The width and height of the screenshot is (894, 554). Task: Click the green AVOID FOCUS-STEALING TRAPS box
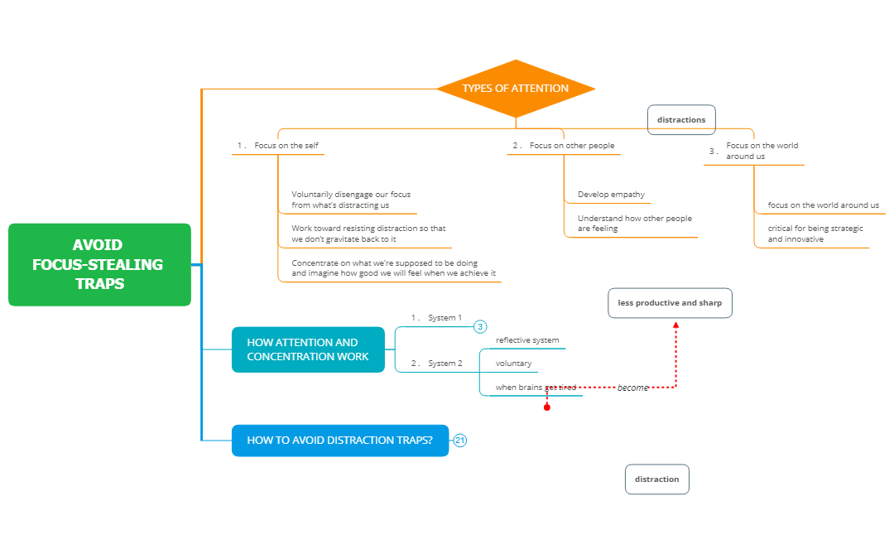(99, 264)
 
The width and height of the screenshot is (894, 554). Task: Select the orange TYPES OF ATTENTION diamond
(516, 89)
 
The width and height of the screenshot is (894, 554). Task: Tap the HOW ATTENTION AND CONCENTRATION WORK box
(308, 349)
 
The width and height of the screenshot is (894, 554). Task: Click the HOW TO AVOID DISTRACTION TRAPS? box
(339, 441)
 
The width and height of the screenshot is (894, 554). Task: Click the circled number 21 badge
(460, 441)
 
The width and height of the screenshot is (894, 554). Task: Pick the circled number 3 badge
(480, 327)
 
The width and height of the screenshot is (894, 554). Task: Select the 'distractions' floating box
(681, 119)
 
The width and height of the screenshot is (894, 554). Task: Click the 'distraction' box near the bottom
(656, 479)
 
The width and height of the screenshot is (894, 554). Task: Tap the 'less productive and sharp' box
(670, 303)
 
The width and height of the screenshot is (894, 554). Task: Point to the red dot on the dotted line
(547, 407)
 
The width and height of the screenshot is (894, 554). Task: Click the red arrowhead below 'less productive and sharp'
(676, 325)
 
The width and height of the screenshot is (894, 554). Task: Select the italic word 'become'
(632, 388)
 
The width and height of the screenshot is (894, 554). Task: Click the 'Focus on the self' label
(286, 146)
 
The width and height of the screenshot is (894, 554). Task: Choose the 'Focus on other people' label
(572, 146)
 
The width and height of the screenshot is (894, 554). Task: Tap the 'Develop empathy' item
(611, 195)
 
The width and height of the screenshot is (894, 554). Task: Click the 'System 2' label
(445, 363)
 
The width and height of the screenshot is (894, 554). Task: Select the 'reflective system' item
(527, 340)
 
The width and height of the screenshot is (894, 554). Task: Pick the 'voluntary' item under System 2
(513, 364)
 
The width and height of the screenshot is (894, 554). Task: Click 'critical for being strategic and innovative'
(815, 234)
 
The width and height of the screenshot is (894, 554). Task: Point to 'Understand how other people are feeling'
(634, 224)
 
